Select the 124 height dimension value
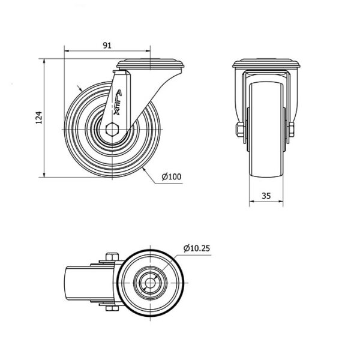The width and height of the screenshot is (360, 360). click(38, 118)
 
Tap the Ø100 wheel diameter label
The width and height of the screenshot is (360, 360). click(171, 176)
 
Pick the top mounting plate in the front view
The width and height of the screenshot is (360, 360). click(266, 63)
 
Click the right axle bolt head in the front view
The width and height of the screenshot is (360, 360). click(292, 130)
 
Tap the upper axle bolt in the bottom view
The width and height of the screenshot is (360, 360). click(109, 259)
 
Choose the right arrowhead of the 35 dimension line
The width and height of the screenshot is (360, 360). click(283, 202)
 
